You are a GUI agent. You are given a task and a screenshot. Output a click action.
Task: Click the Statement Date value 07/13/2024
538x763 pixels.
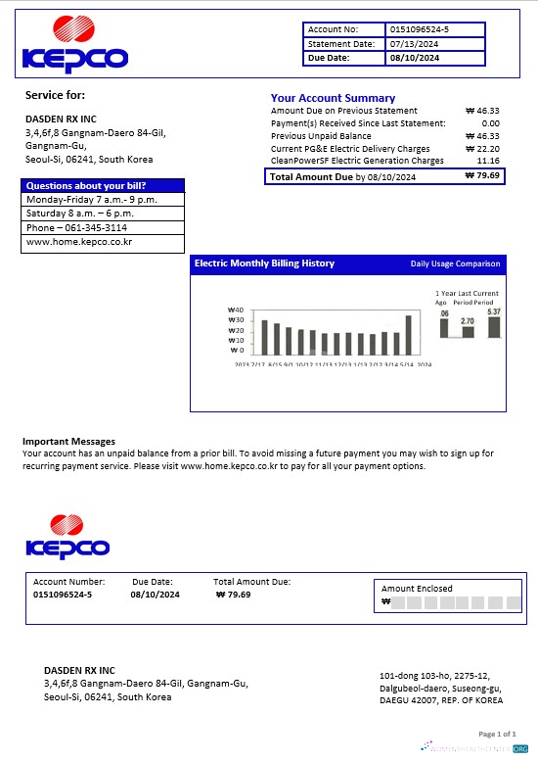(x=414, y=44)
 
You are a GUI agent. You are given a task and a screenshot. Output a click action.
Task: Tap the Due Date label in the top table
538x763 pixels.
(x=330, y=58)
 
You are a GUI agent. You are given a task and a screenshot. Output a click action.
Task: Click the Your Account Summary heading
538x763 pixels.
(x=333, y=98)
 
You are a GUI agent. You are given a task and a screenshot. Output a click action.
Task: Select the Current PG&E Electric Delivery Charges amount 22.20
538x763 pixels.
(x=486, y=148)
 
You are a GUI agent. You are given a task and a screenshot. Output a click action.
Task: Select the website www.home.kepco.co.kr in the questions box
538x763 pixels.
(x=79, y=241)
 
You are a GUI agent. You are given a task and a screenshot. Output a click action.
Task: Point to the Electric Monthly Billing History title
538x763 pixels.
(x=264, y=263)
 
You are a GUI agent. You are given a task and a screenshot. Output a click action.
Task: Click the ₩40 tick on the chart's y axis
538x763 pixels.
(x=235, y=310)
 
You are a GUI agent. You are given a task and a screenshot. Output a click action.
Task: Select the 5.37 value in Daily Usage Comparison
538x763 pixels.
(x=494, y=311)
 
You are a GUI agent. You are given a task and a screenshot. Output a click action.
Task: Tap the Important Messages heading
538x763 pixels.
(x=68, y=442)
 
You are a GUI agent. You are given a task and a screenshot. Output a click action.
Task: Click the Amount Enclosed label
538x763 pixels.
(x=417, y=589)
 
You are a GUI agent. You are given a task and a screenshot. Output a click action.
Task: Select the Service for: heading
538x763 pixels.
(x=55, y=95)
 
